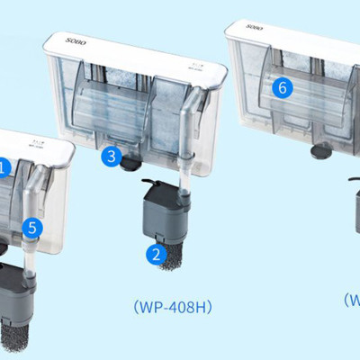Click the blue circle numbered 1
[3, 166]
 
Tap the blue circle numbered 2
[157, 255]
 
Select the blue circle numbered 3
[111, 157]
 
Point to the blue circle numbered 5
[33, 229]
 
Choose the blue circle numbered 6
[282, 88]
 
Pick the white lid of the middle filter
[135, 40]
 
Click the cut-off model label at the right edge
[352, 300]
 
